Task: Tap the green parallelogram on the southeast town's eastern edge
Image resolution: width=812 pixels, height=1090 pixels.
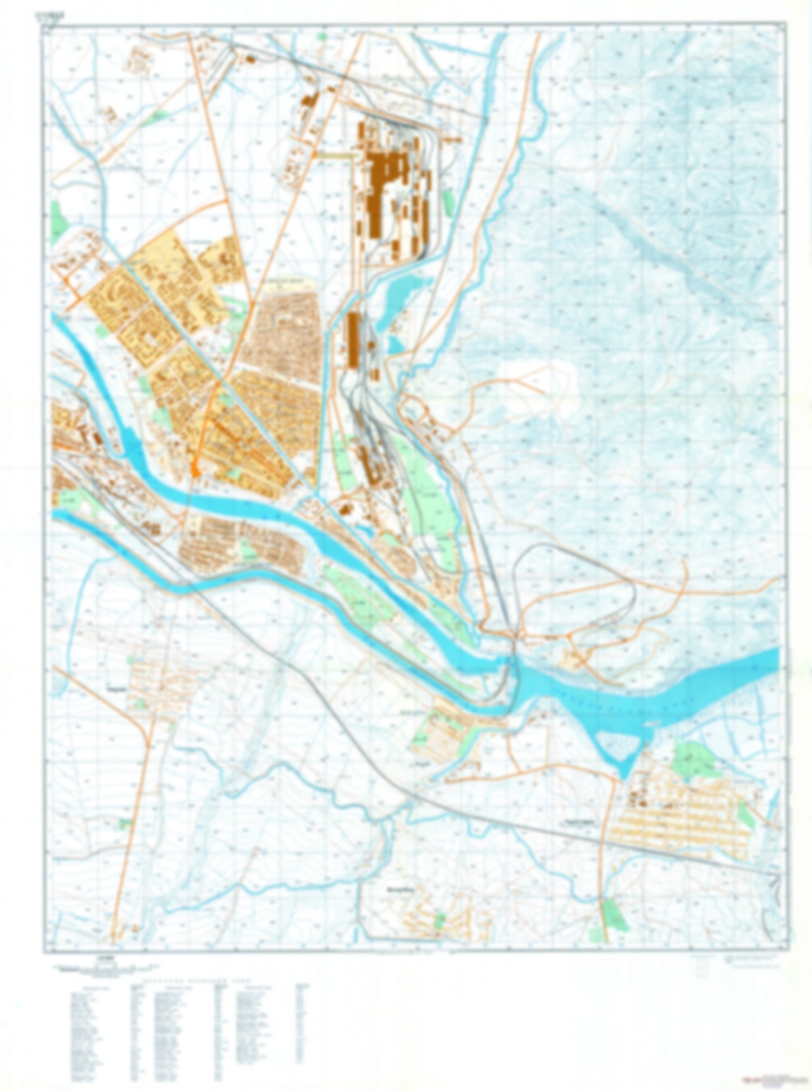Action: pos(747,815)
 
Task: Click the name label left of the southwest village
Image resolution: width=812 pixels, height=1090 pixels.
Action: pos(116,687)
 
